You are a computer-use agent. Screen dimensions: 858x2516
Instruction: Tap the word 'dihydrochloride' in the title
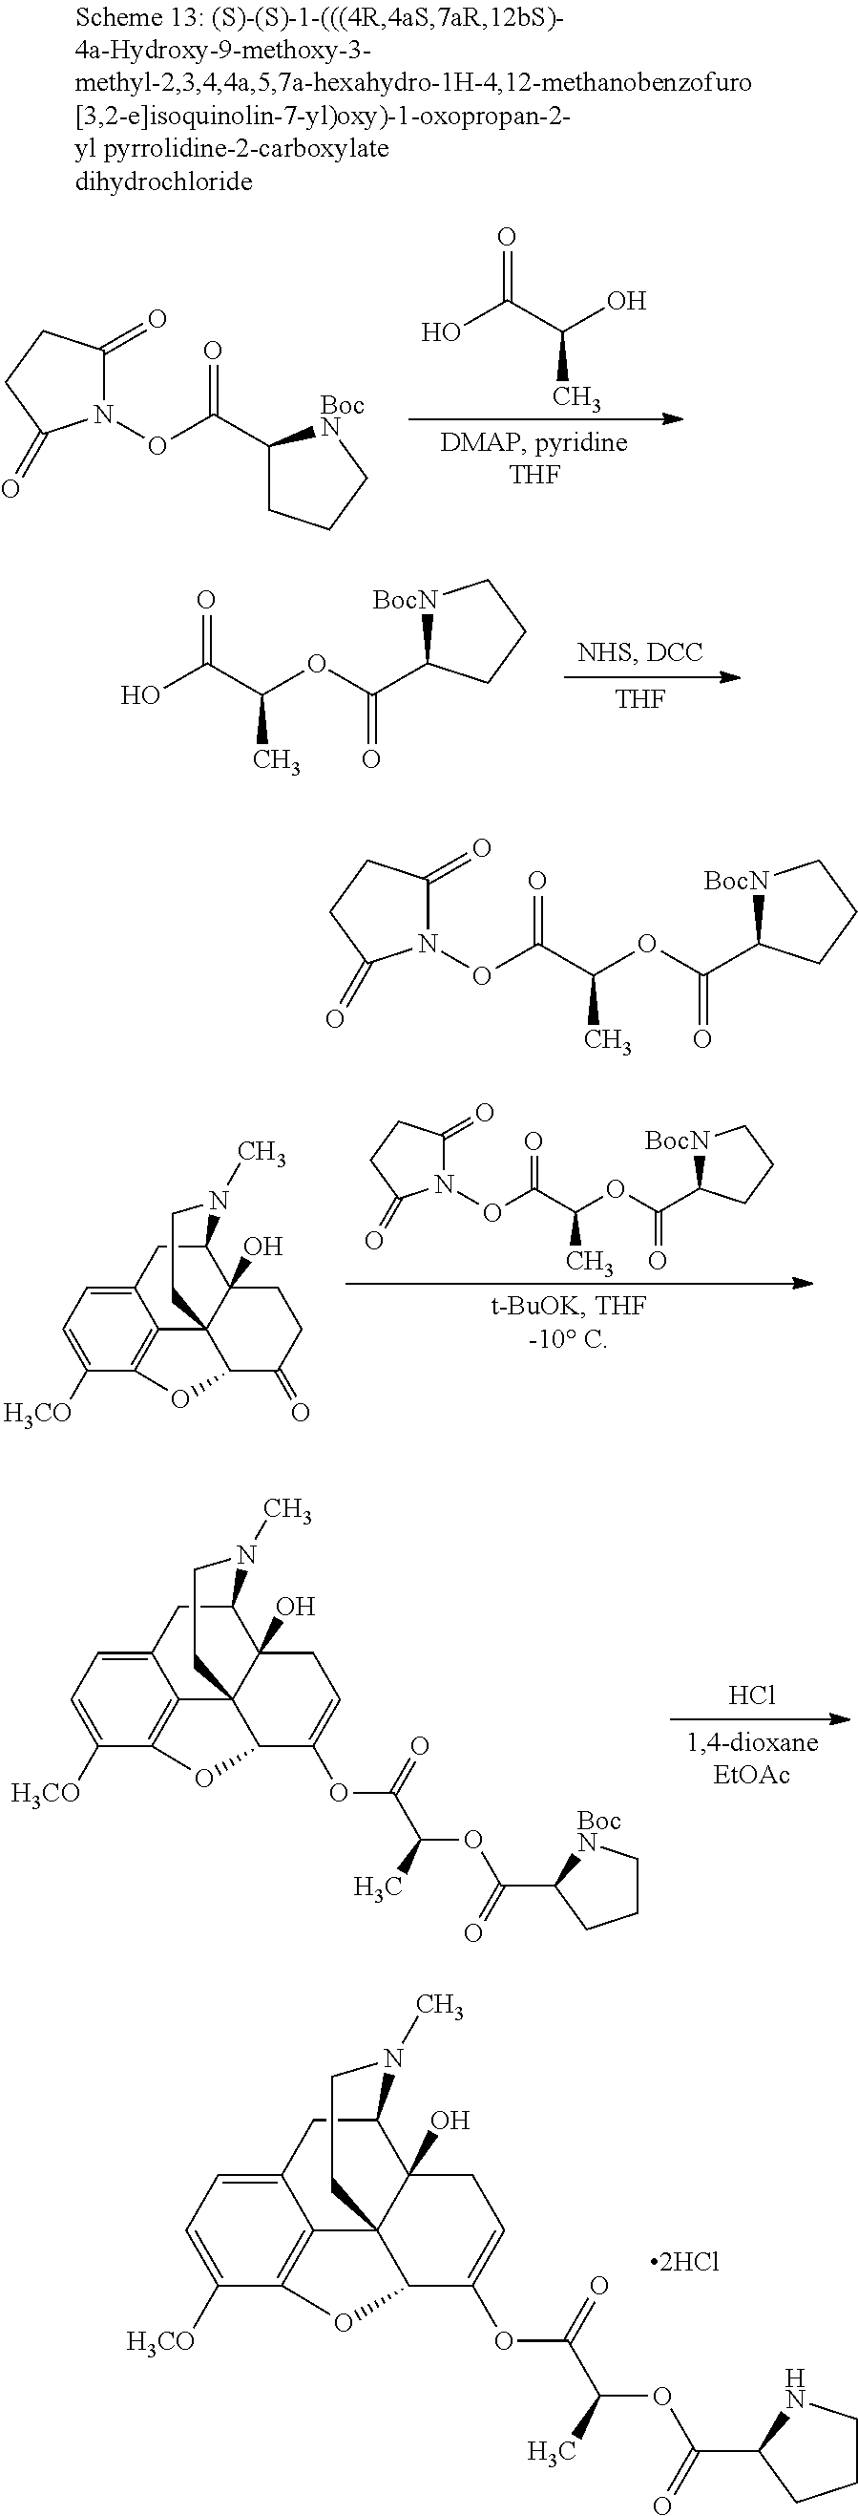coord(163,181)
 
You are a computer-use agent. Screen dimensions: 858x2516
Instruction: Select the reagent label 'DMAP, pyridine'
coord(533,442)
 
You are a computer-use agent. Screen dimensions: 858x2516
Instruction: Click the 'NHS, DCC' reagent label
coord(639,651)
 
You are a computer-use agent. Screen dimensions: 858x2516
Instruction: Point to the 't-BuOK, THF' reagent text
coord(568,1306)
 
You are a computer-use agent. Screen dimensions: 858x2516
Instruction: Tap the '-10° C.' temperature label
coord(567,1338)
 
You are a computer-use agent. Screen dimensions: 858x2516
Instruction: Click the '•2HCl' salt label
coord(683,2262)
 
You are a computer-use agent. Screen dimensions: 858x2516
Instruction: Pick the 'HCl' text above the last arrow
coord(750,1695)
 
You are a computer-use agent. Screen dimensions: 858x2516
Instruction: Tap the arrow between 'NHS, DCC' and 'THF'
coord(652,676)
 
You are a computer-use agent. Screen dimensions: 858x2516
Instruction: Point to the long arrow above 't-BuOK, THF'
coord(577,1283)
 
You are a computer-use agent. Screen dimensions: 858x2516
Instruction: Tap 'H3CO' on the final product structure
coord(161,2340)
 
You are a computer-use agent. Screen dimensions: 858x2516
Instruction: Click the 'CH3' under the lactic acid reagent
coord(575,397)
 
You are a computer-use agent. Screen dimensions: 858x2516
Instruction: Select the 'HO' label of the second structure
coord(140,695)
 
